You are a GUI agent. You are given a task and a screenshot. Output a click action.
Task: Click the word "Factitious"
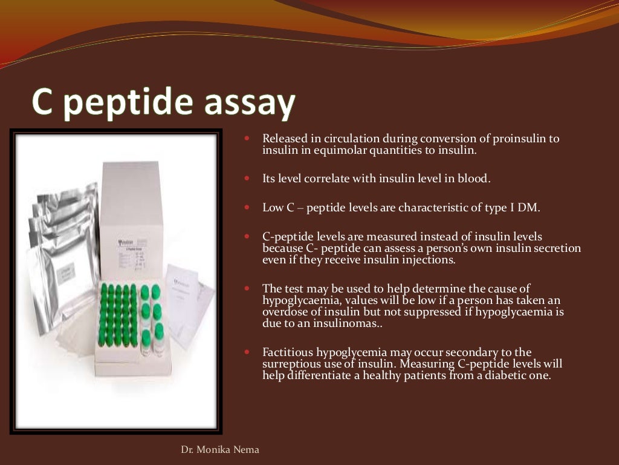pyautogui.click(x=285, y=352)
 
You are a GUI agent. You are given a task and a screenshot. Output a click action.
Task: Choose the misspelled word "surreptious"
pyautogui.click(x=291, y=363)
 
